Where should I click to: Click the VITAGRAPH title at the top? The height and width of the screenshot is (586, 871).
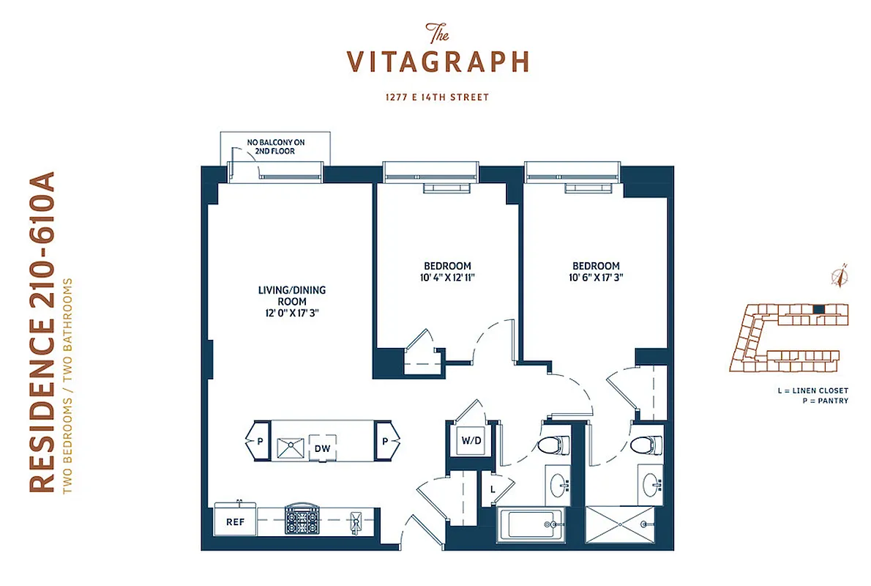[438, 61]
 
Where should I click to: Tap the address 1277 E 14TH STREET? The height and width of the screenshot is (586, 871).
[438, 97]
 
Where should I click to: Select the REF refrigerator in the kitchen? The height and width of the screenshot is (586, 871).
[234, 522]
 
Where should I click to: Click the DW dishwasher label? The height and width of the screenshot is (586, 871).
[322, 448]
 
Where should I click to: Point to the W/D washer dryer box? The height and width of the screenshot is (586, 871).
[469, 441]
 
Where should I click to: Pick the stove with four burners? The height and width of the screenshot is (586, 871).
[302, 521]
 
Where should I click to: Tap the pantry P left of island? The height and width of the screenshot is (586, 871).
[260, 441]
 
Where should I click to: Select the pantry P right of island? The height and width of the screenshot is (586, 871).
[385, 441]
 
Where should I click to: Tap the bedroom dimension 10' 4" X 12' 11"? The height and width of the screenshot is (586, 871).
[446, 278]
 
